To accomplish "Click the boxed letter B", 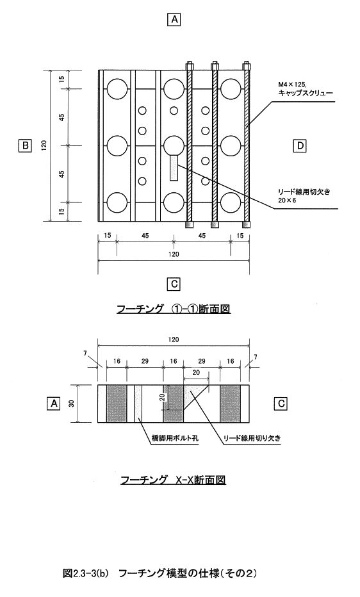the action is (x=25, y=145).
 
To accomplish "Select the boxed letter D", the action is (x=300, y=145).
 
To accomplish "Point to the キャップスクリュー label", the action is (x=302, y=93).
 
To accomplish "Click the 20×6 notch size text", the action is (x=288, y=200).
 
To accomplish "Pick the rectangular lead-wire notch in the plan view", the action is (x=174, y=168).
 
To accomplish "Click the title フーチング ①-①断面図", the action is (x=174, y=308).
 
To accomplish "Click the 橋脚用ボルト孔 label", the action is (x=173, y=438).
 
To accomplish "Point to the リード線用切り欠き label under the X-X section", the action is (x=251, y=438).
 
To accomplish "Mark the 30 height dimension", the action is (x=71, y=404).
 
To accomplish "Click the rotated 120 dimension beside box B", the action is (x=44, y=145).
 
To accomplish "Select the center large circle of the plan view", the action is (x=174, y=145).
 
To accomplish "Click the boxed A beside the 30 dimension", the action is (x=54, y=403).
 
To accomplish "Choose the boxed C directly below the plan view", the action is (x=174, y=284).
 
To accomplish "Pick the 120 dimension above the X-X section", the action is (x=174, y=339).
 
